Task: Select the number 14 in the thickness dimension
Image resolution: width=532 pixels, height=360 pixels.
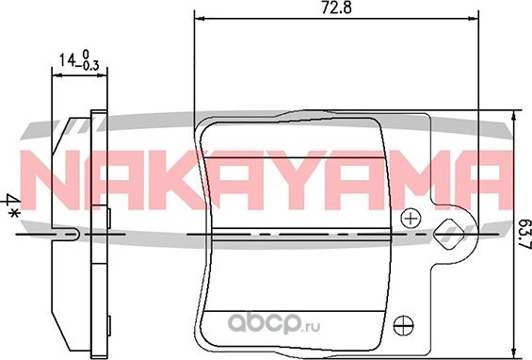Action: pos(65,60)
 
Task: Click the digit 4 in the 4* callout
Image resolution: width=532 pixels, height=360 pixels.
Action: pos(13,200)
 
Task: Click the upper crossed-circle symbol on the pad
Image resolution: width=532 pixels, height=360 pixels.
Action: pos(409,218)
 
